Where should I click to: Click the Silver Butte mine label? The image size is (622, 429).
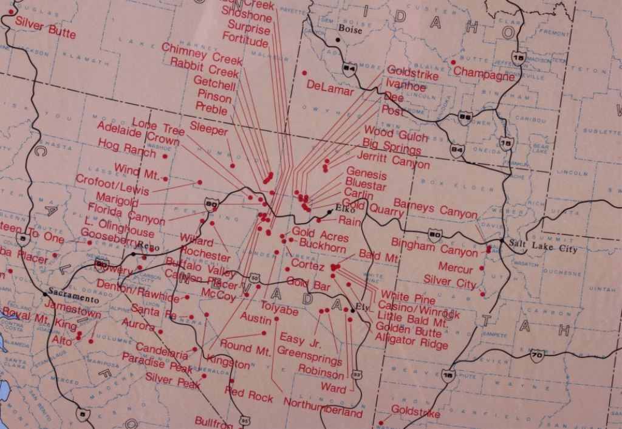click(45, 27)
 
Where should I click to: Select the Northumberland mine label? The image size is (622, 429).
click(323, 408)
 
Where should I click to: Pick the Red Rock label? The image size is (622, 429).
click(248, 393)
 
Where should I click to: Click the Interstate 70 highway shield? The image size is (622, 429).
click(536, 356)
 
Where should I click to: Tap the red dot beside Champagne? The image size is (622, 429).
click(453, 62)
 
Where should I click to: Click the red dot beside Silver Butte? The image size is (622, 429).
click(11, 12)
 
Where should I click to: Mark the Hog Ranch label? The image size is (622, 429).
click(126, 146)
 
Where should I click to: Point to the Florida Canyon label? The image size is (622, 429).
click(126, 214)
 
